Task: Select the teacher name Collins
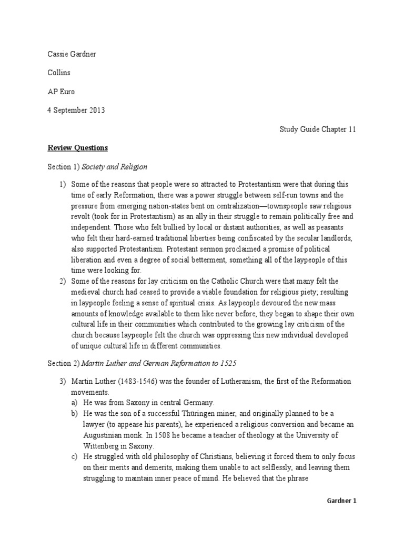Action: click(59, 73)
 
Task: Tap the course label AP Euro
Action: click(61, 92)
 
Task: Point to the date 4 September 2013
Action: click(76, 110)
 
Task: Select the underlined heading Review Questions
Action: click(78, 147)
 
